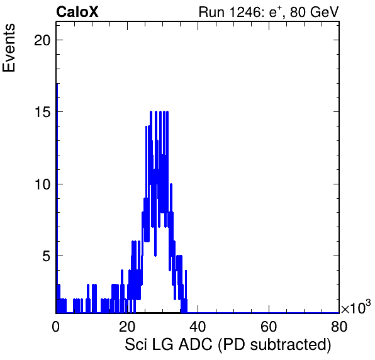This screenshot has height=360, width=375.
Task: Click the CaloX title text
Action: tap(77, 12)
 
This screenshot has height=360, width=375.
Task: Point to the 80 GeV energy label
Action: tap(315, 12)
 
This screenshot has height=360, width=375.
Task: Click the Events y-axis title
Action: tap(9, 48)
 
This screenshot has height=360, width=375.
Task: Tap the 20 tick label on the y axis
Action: tap(42, 40)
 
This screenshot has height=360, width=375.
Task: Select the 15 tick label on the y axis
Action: tap(43, 112)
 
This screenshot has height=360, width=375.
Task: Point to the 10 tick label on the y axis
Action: tap(43, 184)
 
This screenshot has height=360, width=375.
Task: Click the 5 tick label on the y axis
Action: tap(47, 256)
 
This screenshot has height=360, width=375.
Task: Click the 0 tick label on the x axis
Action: tap(56, 327)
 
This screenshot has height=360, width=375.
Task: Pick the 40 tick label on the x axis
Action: tap(198, 327)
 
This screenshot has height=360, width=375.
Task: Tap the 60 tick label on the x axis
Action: tap(268, 327)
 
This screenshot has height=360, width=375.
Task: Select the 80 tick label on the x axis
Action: tap(339, 327)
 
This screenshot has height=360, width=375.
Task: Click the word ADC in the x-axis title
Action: tap(196, 344)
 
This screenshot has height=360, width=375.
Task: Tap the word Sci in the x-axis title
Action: tap(136, 344)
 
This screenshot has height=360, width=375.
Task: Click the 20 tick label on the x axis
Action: tap(126, 327)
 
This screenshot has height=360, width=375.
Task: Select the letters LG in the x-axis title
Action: tap(162, 344)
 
